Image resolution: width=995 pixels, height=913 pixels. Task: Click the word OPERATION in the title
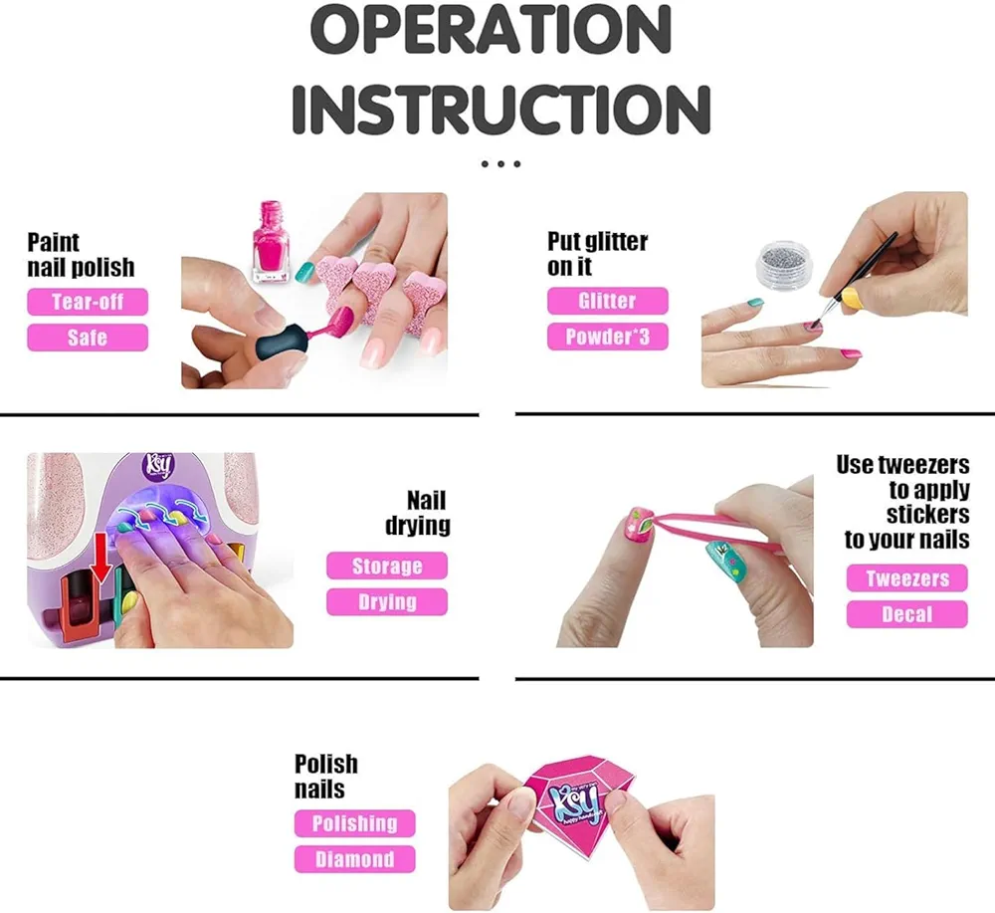[491, 30]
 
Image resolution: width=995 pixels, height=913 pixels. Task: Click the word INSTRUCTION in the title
[500, 109]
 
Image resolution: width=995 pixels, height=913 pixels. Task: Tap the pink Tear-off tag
[88, 302]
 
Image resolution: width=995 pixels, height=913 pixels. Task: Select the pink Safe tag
[88, 338]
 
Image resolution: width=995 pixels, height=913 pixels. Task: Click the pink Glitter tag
[607, 301]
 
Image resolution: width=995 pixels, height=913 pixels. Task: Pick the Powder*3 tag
[607, 336]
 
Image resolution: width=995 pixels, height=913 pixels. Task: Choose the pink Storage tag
[387, 566]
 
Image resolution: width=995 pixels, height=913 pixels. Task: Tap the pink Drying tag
[387, 602]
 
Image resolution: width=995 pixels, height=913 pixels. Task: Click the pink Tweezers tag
[907, 577]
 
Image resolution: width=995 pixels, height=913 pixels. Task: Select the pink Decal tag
[907, 614]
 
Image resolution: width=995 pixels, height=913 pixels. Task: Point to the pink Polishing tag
[355, 823]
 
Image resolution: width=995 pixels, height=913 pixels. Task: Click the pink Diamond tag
[355, 859]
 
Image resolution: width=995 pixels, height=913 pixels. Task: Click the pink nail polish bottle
[272, 242]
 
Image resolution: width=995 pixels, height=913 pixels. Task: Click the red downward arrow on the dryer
[99, 557]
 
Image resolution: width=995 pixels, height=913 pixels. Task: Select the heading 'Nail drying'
[418, 513]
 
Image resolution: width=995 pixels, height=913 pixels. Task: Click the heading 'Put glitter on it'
[597, 254]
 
